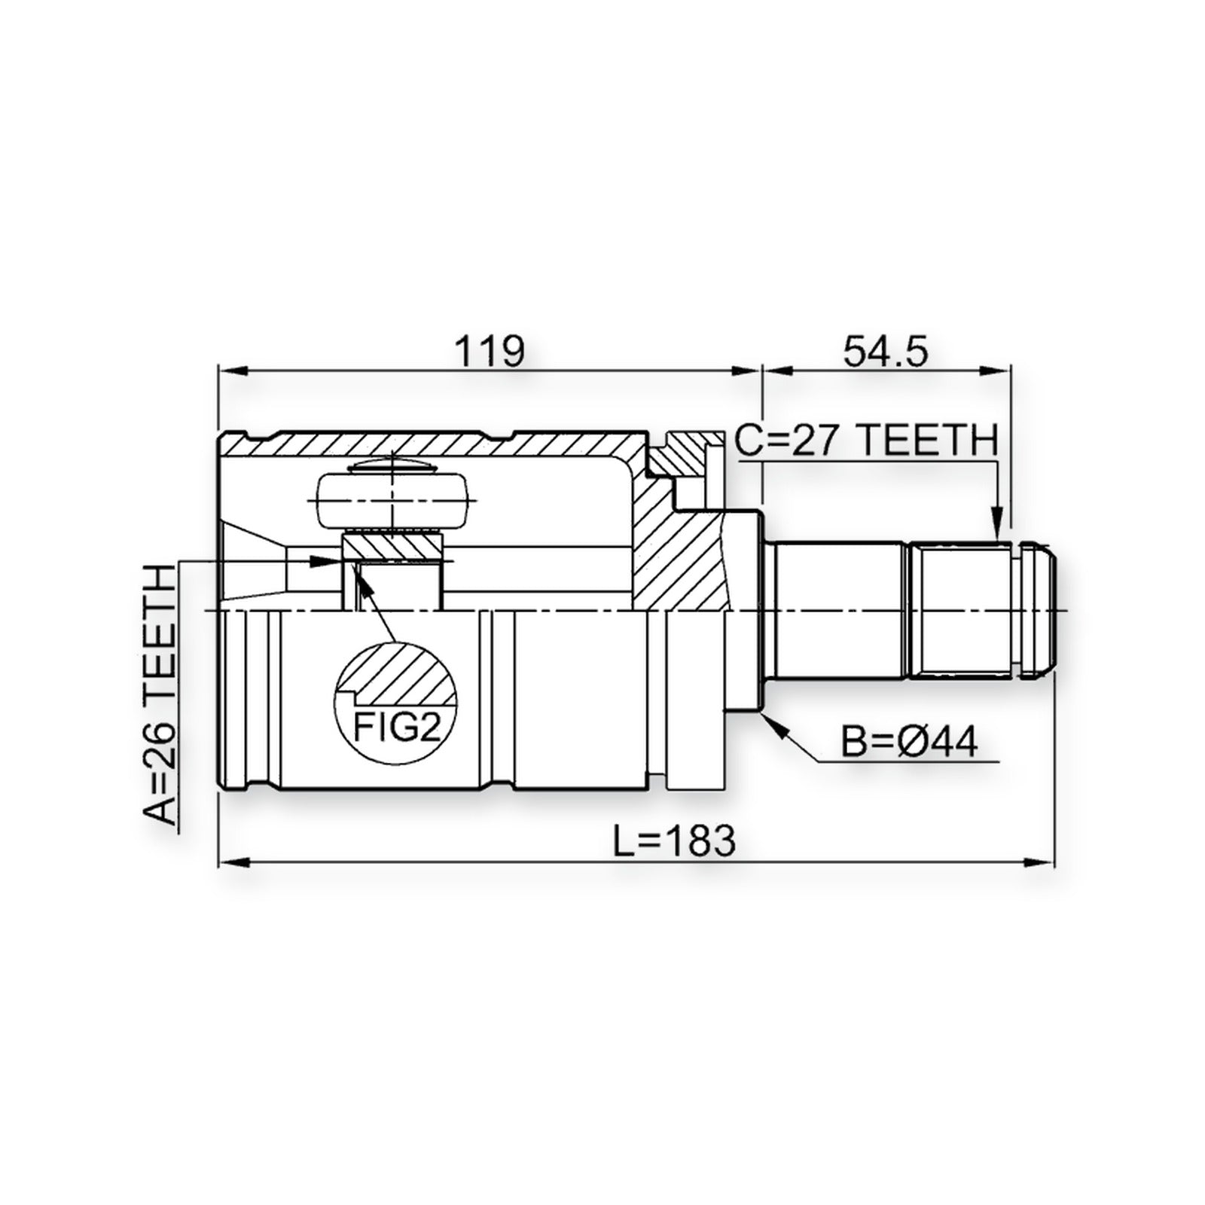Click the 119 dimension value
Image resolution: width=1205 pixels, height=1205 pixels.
tap(489, 352)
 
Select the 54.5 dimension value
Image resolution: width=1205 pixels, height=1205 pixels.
tap(886, 352)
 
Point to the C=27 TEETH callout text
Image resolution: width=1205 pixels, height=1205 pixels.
tap(867, 441)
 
